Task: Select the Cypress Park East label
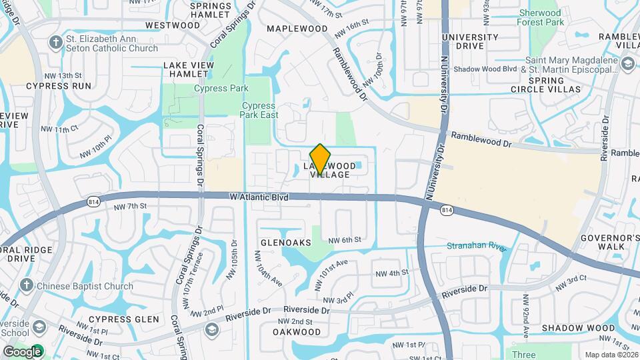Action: (x=258, y=110)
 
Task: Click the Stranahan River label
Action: (x=477, y=246)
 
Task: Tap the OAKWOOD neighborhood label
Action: (x=297, y=331)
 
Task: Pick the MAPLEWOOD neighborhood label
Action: (x=297, y=29)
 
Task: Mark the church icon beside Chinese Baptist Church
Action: (x=27, y=286)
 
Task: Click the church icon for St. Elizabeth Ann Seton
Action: (x=55, y=43)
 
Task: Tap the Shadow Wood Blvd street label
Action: (x=485, y=69)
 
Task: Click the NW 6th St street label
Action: (x=345, y=239)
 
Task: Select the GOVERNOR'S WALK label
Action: (x=601, y=242)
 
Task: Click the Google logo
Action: (x=22, y=351)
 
